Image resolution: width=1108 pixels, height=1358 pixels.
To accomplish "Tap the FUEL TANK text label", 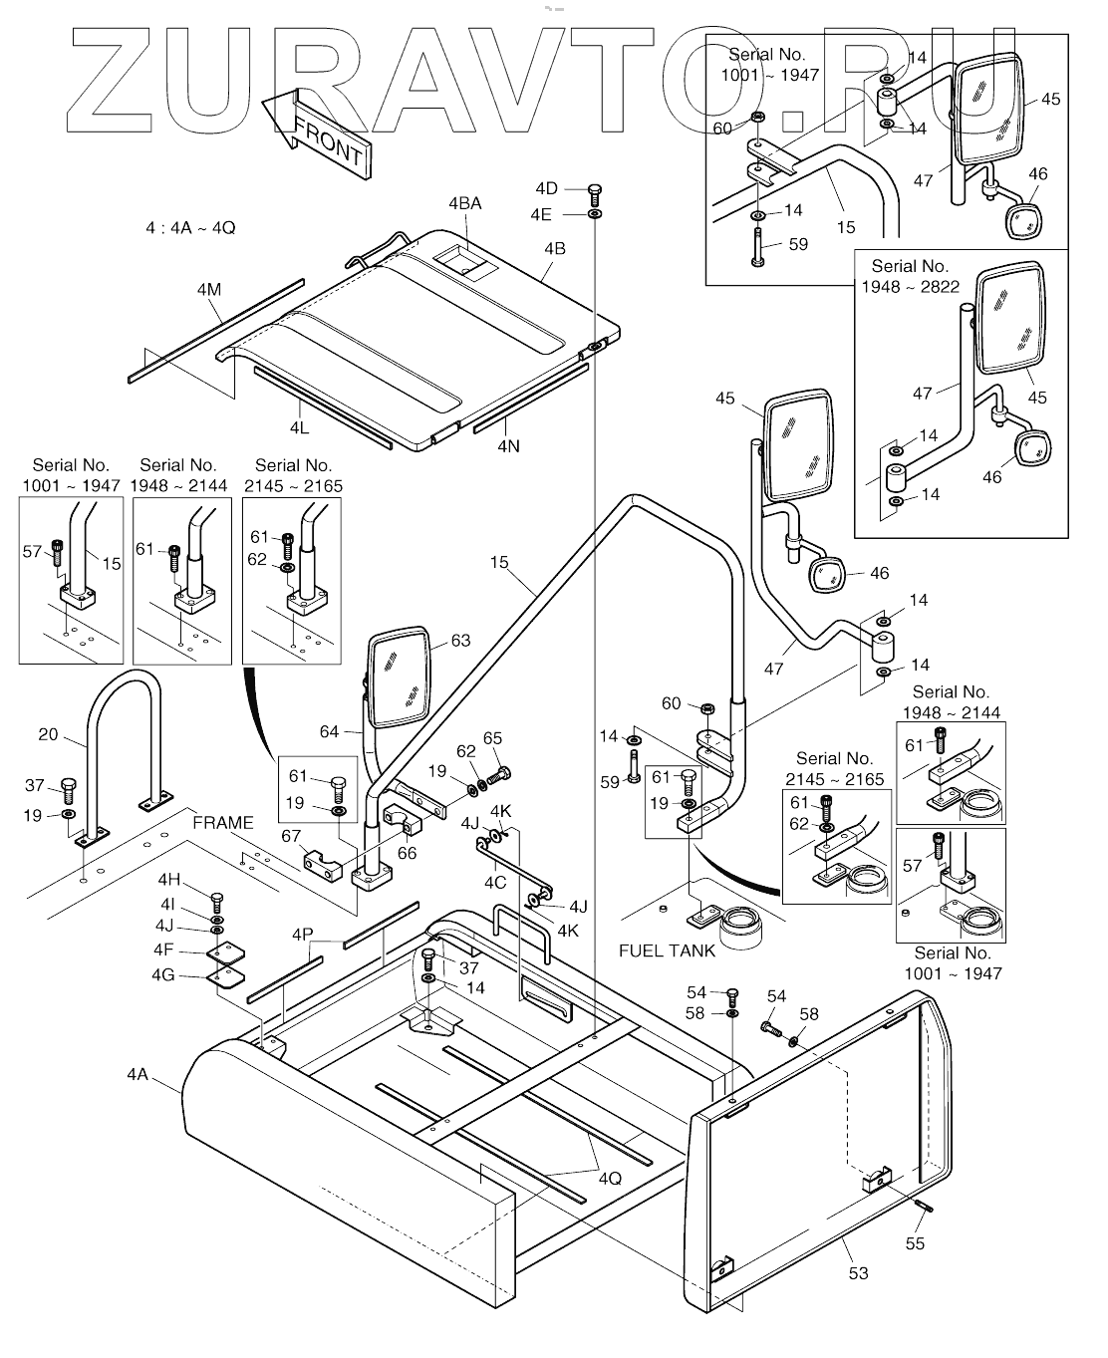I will point(667,951).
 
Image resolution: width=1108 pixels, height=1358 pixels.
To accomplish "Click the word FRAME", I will point(223,823).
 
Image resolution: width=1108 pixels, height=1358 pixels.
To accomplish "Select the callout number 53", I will point(858,1272).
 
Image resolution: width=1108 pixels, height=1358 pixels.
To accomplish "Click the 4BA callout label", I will point(464,203).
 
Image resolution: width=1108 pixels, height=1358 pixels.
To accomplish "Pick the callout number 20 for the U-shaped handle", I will point(48,735).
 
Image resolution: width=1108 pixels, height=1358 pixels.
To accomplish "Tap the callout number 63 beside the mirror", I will point(460,641).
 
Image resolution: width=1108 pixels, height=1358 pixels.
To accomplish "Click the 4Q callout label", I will point(610,1178).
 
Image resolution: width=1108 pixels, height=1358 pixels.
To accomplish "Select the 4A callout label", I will point(138,1074).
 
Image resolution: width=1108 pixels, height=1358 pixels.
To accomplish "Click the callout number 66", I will point(407,852).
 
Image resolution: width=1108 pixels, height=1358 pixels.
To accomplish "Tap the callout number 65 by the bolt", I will point(492,738).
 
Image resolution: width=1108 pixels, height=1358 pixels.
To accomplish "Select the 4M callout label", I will point(208,290).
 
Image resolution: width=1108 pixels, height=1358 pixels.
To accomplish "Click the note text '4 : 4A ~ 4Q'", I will point(189,228).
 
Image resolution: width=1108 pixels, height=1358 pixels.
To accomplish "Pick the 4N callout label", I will point(508,447).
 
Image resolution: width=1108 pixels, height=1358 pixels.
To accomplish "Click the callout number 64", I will point(329,732).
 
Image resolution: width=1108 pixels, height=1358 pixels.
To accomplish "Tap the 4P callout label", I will point(303,935).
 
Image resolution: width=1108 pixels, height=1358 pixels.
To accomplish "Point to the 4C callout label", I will point(495,882).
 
